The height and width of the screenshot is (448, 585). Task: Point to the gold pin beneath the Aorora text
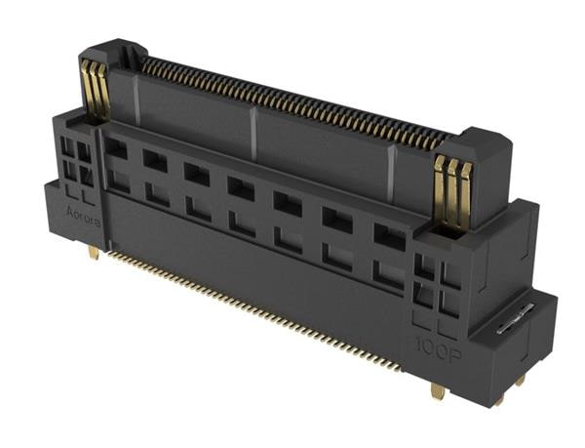click(92, 252)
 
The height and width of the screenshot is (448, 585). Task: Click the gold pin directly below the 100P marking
click(437, 390)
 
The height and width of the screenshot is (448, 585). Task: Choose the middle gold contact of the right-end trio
click(452, 190)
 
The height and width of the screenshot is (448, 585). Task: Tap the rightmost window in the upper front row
click(389, 237)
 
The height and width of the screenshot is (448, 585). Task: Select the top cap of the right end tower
click(478, 144)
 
